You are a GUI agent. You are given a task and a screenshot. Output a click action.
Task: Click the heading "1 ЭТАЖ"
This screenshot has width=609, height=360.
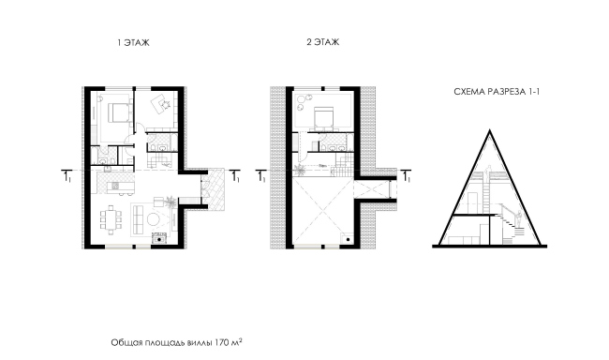click(133, 42)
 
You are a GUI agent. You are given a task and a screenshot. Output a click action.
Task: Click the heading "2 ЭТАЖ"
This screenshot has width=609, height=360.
click(322, 42)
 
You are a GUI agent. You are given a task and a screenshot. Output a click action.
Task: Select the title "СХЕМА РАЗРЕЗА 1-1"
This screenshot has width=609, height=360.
click(497, 92)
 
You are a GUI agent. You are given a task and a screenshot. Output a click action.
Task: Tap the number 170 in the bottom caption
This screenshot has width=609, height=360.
click(222, 343)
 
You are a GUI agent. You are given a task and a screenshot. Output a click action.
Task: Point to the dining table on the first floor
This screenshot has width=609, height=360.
click(111, 219)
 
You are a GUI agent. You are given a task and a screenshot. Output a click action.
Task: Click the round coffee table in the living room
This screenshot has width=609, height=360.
click(154, 219)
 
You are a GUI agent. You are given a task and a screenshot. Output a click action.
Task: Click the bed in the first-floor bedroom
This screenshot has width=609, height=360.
click(117, 112)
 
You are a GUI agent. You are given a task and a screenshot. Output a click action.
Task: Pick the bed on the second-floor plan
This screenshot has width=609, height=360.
click(323, 117)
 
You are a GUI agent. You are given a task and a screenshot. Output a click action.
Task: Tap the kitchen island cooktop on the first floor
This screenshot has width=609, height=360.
click(115, 186)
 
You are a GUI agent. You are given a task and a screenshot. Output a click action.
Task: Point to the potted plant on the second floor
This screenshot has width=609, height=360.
click(300, 169)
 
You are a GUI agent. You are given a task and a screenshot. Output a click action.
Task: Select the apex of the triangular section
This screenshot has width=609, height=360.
click(490, 131)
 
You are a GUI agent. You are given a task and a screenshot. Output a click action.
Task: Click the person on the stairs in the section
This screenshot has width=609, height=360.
click(518, 220)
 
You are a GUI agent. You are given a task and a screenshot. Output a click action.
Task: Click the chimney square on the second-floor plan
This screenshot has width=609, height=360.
click(348, 239)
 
